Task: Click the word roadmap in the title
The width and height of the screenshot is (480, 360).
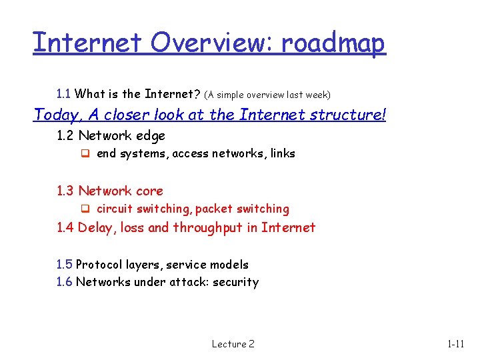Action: click(x=333, y=43)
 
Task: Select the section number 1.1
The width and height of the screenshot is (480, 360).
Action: click(x=65, y=94)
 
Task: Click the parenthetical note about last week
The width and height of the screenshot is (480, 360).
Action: click(x=267, y=95)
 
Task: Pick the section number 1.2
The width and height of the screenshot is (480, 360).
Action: click(x=65, y=136)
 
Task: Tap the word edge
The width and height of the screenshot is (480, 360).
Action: click(x=150, y=136)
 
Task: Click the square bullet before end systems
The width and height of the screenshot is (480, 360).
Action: click(x=85, y=154)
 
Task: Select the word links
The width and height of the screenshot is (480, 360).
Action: click(x=283, y=154)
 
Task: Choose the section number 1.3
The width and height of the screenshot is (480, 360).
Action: click(x=65, y=191)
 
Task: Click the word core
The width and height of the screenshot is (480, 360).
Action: click(x=149, y=191)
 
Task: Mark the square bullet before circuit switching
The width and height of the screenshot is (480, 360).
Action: click(x=85, y=209)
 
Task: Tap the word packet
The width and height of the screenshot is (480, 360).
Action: click(x=213, y=209)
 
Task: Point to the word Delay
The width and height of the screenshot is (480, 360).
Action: click(x=97, y=228)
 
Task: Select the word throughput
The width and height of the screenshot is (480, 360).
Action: click(x=215, y=228)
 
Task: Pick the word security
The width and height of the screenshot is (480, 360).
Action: click(x=236, y=283)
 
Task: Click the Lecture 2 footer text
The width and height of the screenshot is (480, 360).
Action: click(x=233, y=344)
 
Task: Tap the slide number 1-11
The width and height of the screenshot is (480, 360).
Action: click(x=456, y=344)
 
